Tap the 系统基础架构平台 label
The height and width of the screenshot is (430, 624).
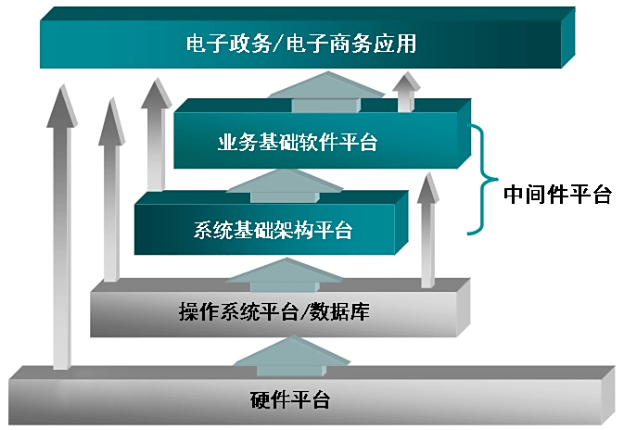coord(274,229)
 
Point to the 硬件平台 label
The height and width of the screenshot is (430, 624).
coord(289,401)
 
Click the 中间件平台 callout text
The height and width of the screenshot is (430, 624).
coord(557,195)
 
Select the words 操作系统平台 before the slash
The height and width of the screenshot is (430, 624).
coord(238,312)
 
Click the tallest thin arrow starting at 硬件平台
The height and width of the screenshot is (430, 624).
coord(62,232)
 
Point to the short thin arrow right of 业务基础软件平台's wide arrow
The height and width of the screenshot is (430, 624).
coord(404,93)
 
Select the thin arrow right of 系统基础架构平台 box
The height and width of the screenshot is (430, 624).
coord(427,232)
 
